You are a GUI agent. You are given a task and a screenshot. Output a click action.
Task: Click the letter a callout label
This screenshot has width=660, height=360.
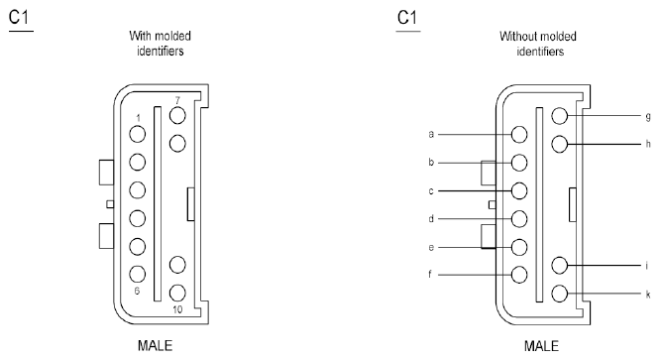coord(431,134)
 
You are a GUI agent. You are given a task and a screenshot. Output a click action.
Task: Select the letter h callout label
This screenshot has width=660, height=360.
coord(648,144)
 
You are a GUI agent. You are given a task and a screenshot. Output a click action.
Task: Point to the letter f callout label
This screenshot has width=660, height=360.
coord(430,274)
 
